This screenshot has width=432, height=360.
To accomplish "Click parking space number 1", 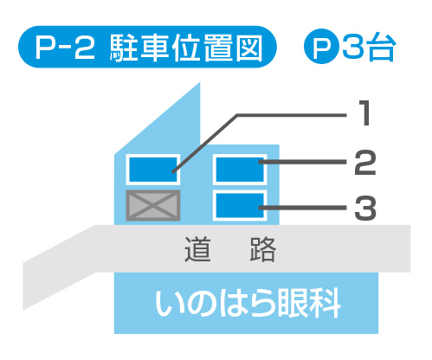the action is tap(153, 170).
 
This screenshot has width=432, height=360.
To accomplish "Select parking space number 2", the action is tap(240, 170).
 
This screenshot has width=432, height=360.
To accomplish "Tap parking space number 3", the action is tap(240, 205).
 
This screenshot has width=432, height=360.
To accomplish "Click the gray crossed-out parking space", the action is tap(153, 205).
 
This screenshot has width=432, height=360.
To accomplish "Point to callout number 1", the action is tap(364, 112).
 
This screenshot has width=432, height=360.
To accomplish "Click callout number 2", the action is tap(365, 163).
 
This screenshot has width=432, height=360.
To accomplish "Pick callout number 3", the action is tap(365, 208).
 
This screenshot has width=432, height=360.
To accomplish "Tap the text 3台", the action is tap(369, 47).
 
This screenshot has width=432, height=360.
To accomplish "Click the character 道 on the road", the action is tap(197, 249).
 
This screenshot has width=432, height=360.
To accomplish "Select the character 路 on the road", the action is tap(263, 249).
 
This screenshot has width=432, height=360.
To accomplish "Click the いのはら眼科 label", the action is tap(248, 304).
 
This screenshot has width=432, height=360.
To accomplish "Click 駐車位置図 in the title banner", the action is tap(186, 47).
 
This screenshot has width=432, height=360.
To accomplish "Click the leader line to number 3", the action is tap(302, 208).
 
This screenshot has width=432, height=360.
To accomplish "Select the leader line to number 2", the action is tap(302, 162).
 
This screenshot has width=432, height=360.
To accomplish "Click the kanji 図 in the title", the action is tap(249, 47).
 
